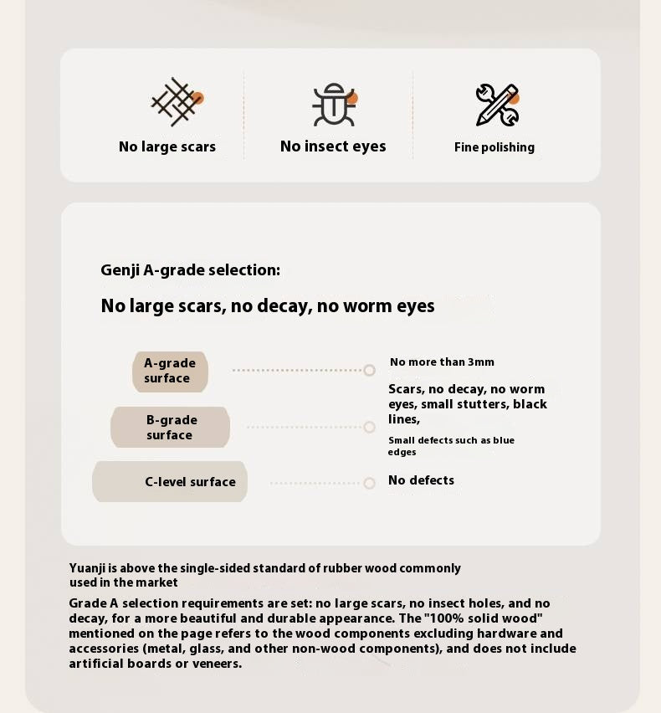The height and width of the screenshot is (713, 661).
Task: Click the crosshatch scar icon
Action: point(175,102)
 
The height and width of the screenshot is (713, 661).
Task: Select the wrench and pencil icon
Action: point(495,105)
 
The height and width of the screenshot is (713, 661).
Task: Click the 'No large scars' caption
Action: point(167,147)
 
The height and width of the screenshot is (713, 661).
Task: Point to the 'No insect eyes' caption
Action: point(333,146)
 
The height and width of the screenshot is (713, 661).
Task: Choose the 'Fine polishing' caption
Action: point(494,147)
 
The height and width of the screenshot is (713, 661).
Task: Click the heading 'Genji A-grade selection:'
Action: point(191,270)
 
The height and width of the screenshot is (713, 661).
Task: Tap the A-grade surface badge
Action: point(170,371)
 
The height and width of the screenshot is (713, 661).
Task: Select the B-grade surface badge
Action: point(170,428)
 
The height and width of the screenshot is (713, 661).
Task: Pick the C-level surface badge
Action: point(171,482)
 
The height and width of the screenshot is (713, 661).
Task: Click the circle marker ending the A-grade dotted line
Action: point(369,370)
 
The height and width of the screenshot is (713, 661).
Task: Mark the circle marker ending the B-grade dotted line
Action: point(369,427)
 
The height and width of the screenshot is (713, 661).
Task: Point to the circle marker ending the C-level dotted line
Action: point(369,483)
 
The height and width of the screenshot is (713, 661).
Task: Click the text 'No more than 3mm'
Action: point(442,362)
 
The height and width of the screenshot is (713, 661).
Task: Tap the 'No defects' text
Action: point(421,480)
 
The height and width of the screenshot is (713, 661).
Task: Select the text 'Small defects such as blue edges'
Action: point(451,446)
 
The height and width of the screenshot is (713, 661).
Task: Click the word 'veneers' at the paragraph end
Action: point(216,664)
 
